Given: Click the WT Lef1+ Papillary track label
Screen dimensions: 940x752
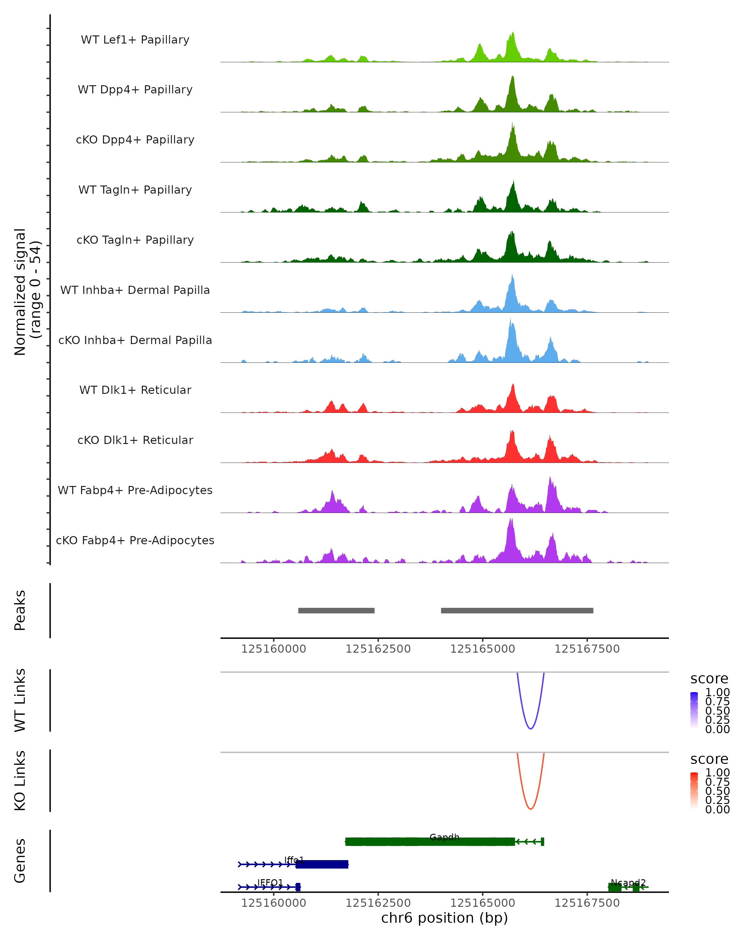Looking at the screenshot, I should [x=135, y=40].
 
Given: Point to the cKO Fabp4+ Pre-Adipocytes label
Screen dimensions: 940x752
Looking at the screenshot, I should [x=135, y=540].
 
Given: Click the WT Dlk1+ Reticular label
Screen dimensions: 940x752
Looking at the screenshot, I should [x=135, y=390].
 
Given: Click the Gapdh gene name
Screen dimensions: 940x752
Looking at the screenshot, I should [x=444, y=837].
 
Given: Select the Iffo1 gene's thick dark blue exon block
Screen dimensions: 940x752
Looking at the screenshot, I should [x=322, y=864].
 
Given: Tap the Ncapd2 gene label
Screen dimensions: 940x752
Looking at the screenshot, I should [x=628, y=882].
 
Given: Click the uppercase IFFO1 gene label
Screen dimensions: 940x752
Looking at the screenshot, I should [x=270, y=882].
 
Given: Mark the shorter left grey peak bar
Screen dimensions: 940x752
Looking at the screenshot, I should [x=336, y=610].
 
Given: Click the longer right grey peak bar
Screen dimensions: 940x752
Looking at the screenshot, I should [x=517, y=610].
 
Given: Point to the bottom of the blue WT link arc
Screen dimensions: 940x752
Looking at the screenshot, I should [x=530, y=728].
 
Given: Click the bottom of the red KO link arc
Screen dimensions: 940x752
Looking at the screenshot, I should [x=530, y=809].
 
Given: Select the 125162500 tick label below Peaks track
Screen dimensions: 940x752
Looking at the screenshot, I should [x=378, y=649].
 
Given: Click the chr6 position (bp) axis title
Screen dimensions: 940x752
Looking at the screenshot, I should [x=444, y=918].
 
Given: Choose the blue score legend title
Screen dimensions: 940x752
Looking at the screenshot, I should [x=709, y=679].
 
